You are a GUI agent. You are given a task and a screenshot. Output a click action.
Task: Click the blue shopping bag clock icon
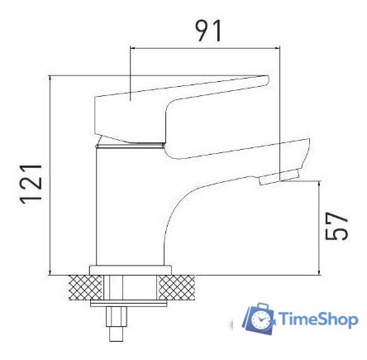[x=259, y=318]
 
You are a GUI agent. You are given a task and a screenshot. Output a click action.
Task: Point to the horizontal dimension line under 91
[x=207, y=46]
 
